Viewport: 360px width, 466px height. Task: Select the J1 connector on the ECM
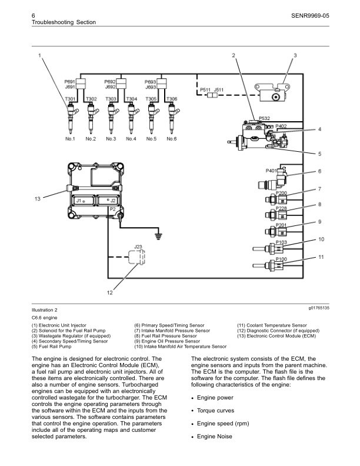81,201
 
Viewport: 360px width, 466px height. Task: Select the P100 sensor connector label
281,259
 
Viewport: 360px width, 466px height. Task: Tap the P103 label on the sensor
281,242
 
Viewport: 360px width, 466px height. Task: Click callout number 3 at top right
295,55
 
